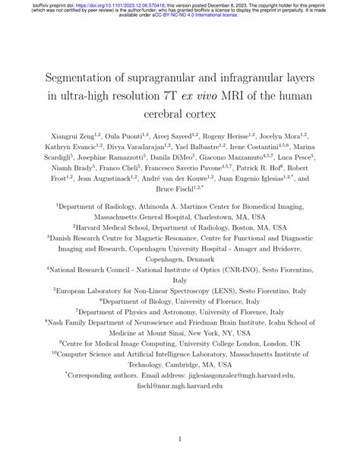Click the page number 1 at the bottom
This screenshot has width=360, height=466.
180,439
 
